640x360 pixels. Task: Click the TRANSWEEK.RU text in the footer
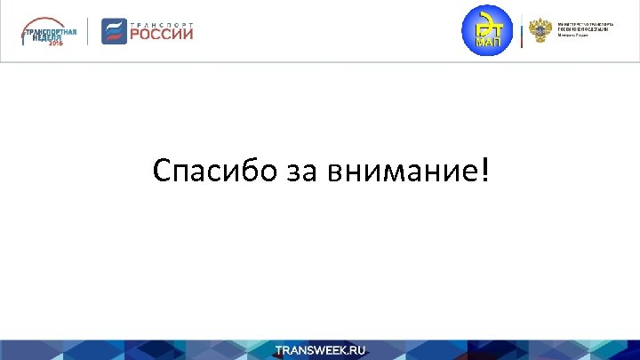[x=320, y=350]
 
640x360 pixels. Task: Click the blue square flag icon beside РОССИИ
[x=114, y=31]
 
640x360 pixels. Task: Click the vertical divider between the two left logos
[x=88, y=32]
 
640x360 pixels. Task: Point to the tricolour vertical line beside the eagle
[x=522, y=32]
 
